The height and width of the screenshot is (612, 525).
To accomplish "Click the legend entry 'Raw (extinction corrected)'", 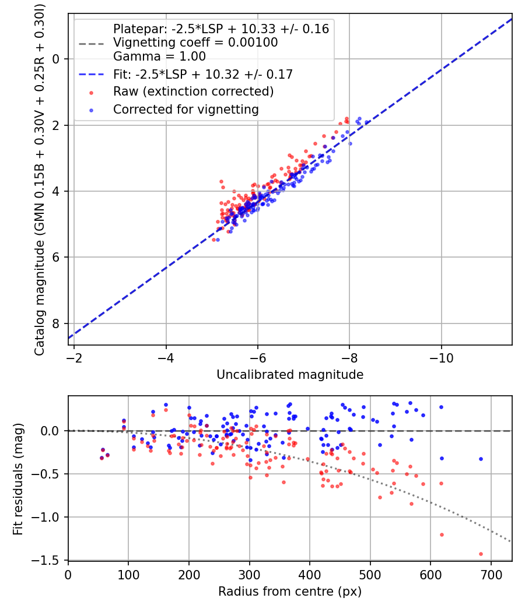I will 193,92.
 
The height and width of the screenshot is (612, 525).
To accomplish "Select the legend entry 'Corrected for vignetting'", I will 185,109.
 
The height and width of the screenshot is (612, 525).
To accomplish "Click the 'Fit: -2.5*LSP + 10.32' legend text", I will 202,74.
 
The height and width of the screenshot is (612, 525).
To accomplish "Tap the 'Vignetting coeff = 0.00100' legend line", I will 195,43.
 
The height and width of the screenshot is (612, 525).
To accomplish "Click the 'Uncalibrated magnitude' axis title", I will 290,375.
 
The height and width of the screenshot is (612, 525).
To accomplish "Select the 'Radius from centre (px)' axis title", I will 290,592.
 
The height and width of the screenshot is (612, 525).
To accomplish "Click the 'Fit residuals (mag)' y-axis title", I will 18,478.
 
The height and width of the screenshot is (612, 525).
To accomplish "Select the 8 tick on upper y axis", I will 57,323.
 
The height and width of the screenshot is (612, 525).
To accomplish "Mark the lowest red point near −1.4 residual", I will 481,554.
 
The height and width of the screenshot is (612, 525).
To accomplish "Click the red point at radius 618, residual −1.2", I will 442,534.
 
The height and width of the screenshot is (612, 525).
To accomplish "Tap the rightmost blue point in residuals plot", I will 481,459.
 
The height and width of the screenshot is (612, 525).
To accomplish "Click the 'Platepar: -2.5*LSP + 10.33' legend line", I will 220,29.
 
